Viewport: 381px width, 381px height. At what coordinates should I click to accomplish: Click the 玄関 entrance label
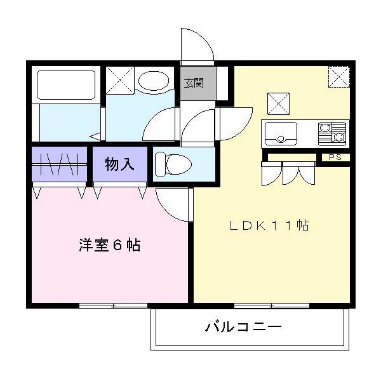click(x=194, y=83)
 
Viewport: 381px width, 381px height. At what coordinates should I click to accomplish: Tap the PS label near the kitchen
click(x=334, y=157)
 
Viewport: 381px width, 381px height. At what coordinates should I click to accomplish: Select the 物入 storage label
click(x=119, y=164)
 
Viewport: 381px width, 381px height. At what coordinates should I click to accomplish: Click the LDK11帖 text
click(x=269, y=225)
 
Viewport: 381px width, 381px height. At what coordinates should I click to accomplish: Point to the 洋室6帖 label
click(x=109, y=245)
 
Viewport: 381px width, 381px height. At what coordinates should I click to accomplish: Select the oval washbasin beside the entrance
click(x=154, y=82)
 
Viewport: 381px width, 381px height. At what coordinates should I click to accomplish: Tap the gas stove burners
click(x=332, y=133)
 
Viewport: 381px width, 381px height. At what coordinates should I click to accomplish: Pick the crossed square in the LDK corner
click(x=338, y=76)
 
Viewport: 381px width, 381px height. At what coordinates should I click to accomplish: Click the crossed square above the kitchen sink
click(x=278, y=102)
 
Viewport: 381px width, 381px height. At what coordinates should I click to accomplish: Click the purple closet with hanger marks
click(x=58, y=165)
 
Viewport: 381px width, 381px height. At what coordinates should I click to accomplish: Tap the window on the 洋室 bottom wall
click(x=113, y=305)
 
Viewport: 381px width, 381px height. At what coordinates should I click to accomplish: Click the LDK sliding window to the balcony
click(x=271, y=305)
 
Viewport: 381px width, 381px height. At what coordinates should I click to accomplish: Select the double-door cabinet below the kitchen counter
click(x=290, y=172)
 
